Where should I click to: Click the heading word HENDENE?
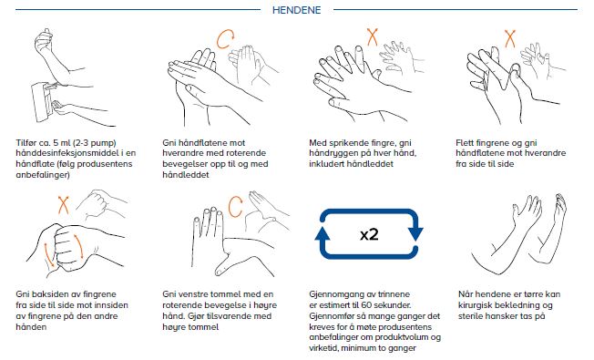(x=297, y=10)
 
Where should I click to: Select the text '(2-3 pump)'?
(x=96, y=143)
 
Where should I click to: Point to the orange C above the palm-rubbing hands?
(x=225, y=39)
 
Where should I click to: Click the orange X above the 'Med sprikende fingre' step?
(x=373, y=37)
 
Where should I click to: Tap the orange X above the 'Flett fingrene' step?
(x=510, y=38)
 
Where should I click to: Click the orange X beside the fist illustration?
(x=63, y=205)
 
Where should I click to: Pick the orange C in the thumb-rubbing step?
(x=235, y=206)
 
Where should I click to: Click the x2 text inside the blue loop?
(x=369, y=234)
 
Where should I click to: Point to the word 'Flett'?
(x=465, y=142)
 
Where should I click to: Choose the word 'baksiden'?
(x=51, y=294)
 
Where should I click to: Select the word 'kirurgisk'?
(x=476, y=305)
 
